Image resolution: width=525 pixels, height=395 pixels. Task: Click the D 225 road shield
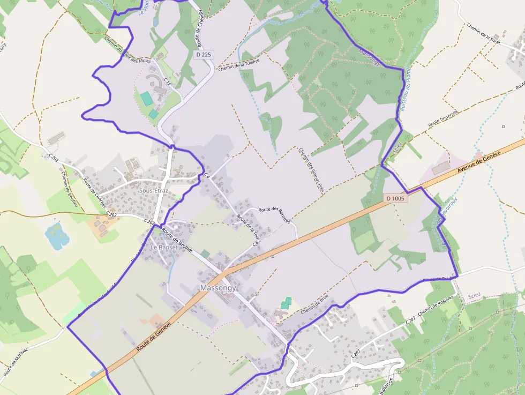204,55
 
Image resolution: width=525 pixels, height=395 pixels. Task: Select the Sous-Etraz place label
153,190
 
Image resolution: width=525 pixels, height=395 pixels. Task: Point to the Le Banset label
163,248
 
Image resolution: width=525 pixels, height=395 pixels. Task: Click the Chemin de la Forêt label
483,34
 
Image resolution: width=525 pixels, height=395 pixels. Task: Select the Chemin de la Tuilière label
239,65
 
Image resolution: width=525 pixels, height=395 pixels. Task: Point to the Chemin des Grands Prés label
312,169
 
